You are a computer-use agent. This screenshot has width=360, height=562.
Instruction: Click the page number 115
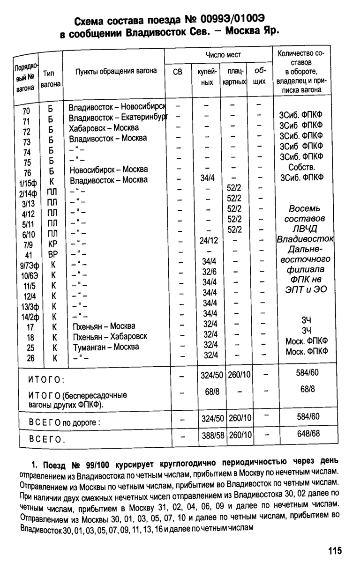point(335,551)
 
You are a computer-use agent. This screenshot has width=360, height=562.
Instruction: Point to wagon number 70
point(26,111)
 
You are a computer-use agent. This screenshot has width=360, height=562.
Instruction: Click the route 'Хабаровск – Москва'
point(104,128)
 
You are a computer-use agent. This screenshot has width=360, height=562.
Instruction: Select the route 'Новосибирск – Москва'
point(108,169)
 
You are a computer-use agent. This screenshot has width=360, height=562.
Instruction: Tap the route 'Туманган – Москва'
point(106,347)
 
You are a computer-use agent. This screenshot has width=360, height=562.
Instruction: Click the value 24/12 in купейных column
point(209,241)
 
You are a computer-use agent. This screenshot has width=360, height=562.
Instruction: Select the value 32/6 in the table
point(209,272)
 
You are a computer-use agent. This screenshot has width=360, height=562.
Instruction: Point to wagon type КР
point(52,243)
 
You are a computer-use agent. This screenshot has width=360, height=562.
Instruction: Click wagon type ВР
point(52,254)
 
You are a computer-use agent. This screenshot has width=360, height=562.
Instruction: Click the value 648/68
point(308,434)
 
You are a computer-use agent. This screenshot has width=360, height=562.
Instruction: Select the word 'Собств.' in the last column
point(302,167)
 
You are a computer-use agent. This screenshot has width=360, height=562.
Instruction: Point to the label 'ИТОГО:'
point(46,378)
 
